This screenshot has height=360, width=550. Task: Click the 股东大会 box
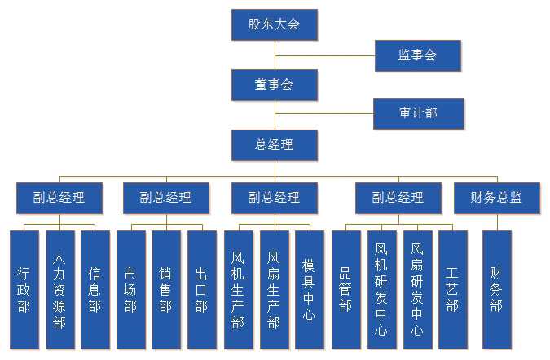(x=274, y=24)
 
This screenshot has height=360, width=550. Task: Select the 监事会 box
(x=417, y=55)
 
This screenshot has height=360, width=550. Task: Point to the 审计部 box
(x=418, y=113)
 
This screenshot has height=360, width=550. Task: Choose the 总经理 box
(x=274, y=145)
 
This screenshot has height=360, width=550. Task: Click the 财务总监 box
(x=496, y=198)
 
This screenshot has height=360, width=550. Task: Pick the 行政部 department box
(x=24, y=290)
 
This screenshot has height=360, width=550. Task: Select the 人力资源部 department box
(x=59, y=290)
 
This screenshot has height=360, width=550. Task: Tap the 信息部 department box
(x=95, y=290)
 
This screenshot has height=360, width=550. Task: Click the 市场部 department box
(x=130, y=290)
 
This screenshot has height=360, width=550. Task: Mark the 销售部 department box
(x=165, y=290)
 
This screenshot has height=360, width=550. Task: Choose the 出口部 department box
(x=201, y=290)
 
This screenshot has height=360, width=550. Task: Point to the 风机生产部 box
(x=238, y=290)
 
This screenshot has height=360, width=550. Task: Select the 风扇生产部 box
(x=274, y=290)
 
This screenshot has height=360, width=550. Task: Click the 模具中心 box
(x=309, y=290)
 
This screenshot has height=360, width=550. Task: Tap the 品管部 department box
(x=345, y=290)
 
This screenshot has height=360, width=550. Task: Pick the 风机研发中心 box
(x=381, y=290)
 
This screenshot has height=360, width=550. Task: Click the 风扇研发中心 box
(x=417, y=290)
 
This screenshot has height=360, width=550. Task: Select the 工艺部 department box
(x=453, y=290)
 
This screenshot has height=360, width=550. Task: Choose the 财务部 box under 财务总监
(x=496, y=290)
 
